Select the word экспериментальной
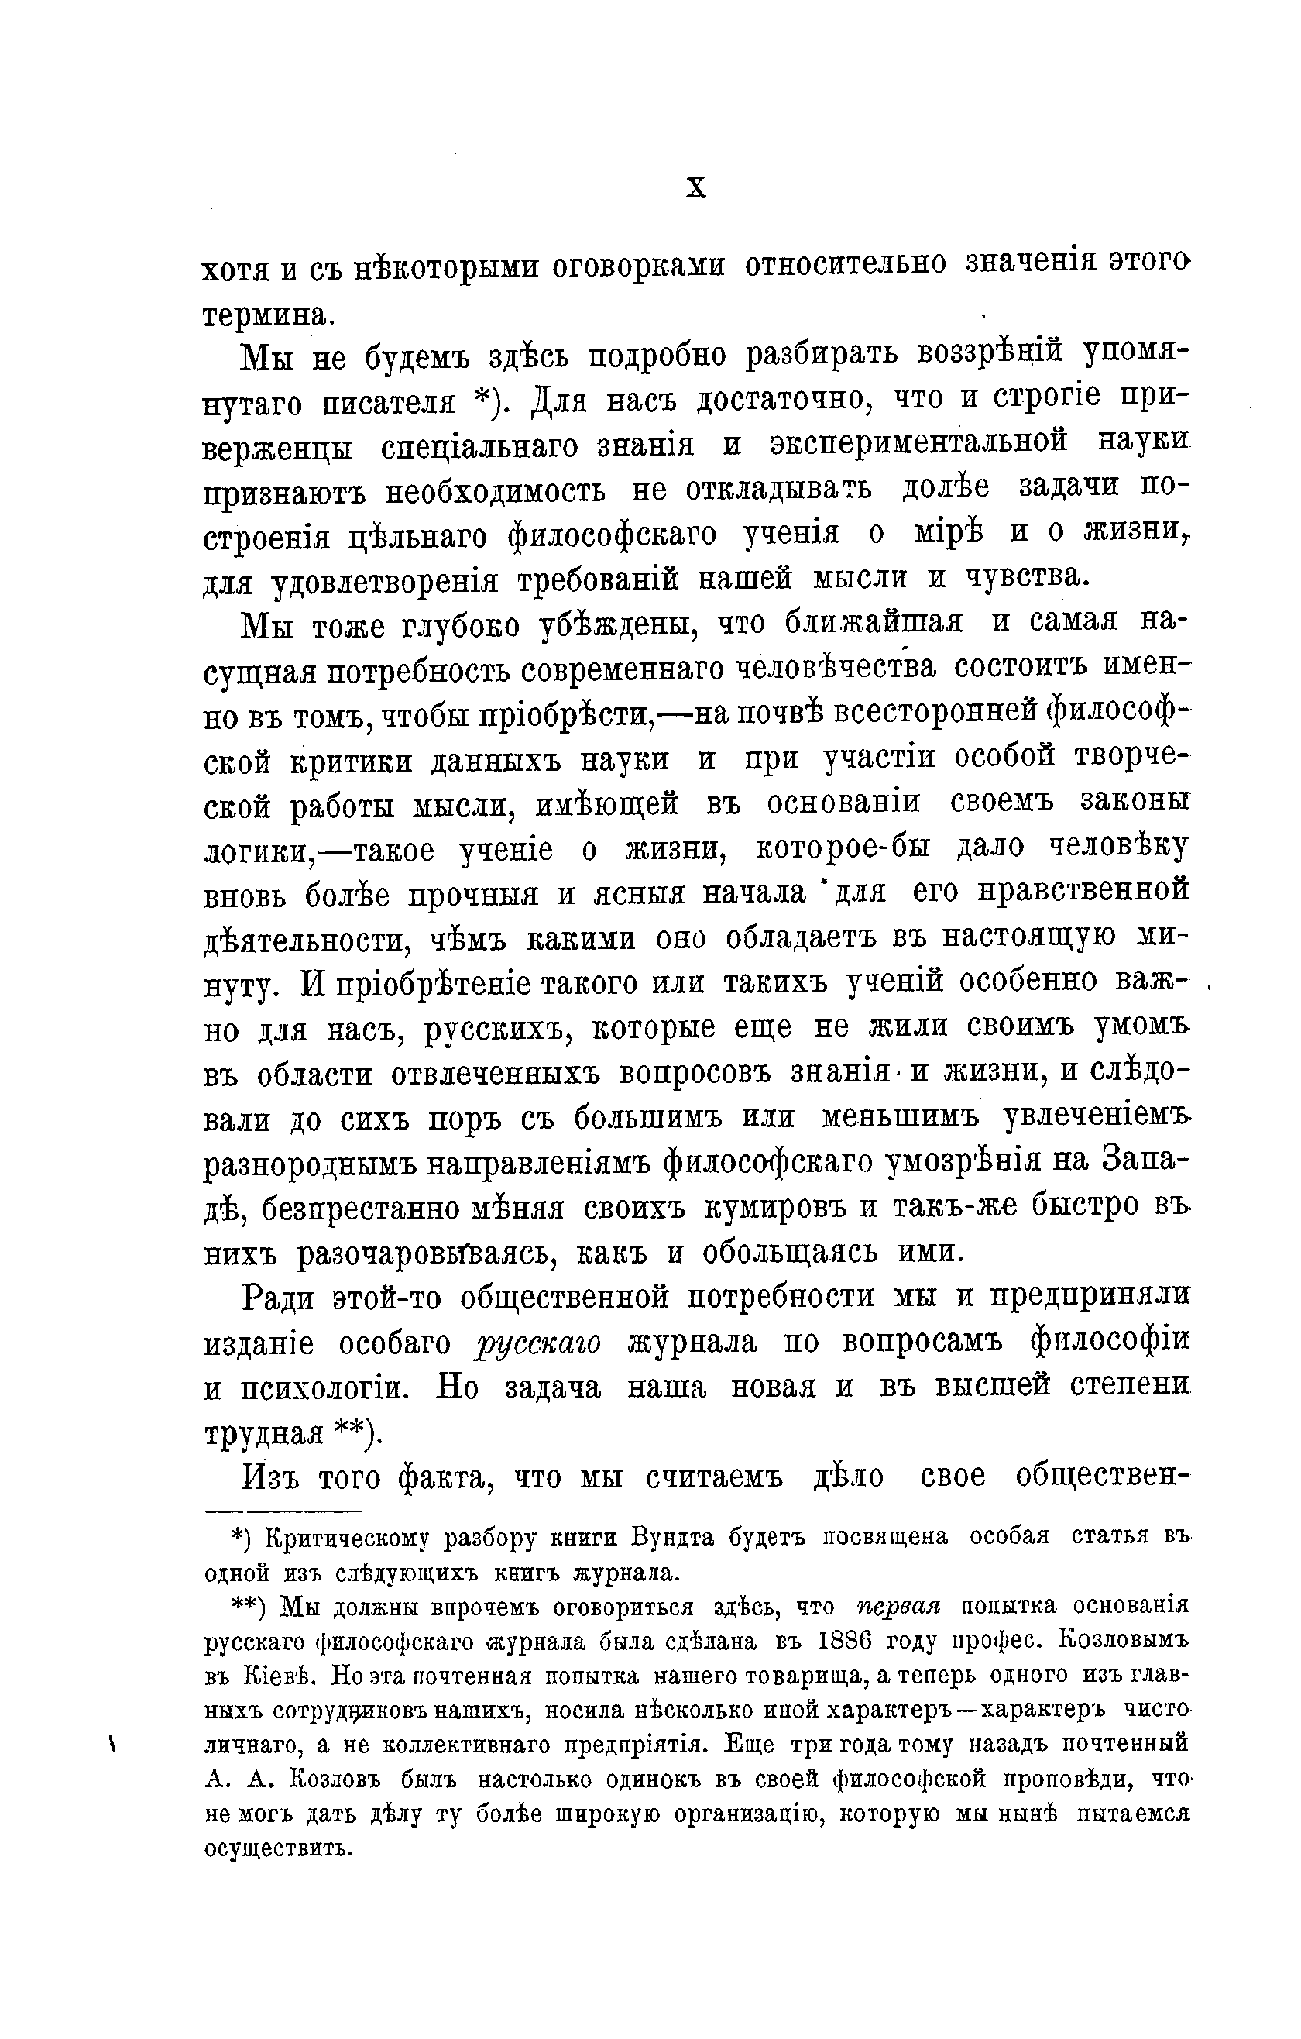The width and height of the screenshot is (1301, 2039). (x=920, y=444)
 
